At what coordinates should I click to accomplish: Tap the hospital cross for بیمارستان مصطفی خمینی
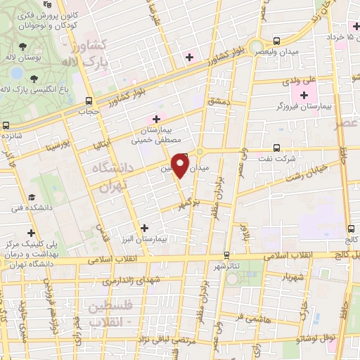pos(156,119)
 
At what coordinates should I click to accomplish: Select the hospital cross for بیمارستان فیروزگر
pos(304,95)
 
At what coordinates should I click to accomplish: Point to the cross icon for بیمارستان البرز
pos(144,228)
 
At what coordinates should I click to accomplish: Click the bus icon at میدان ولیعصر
pos(277,41)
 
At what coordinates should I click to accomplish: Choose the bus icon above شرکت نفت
pos(276,148)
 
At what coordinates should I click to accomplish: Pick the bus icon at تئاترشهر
pos(225,255)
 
